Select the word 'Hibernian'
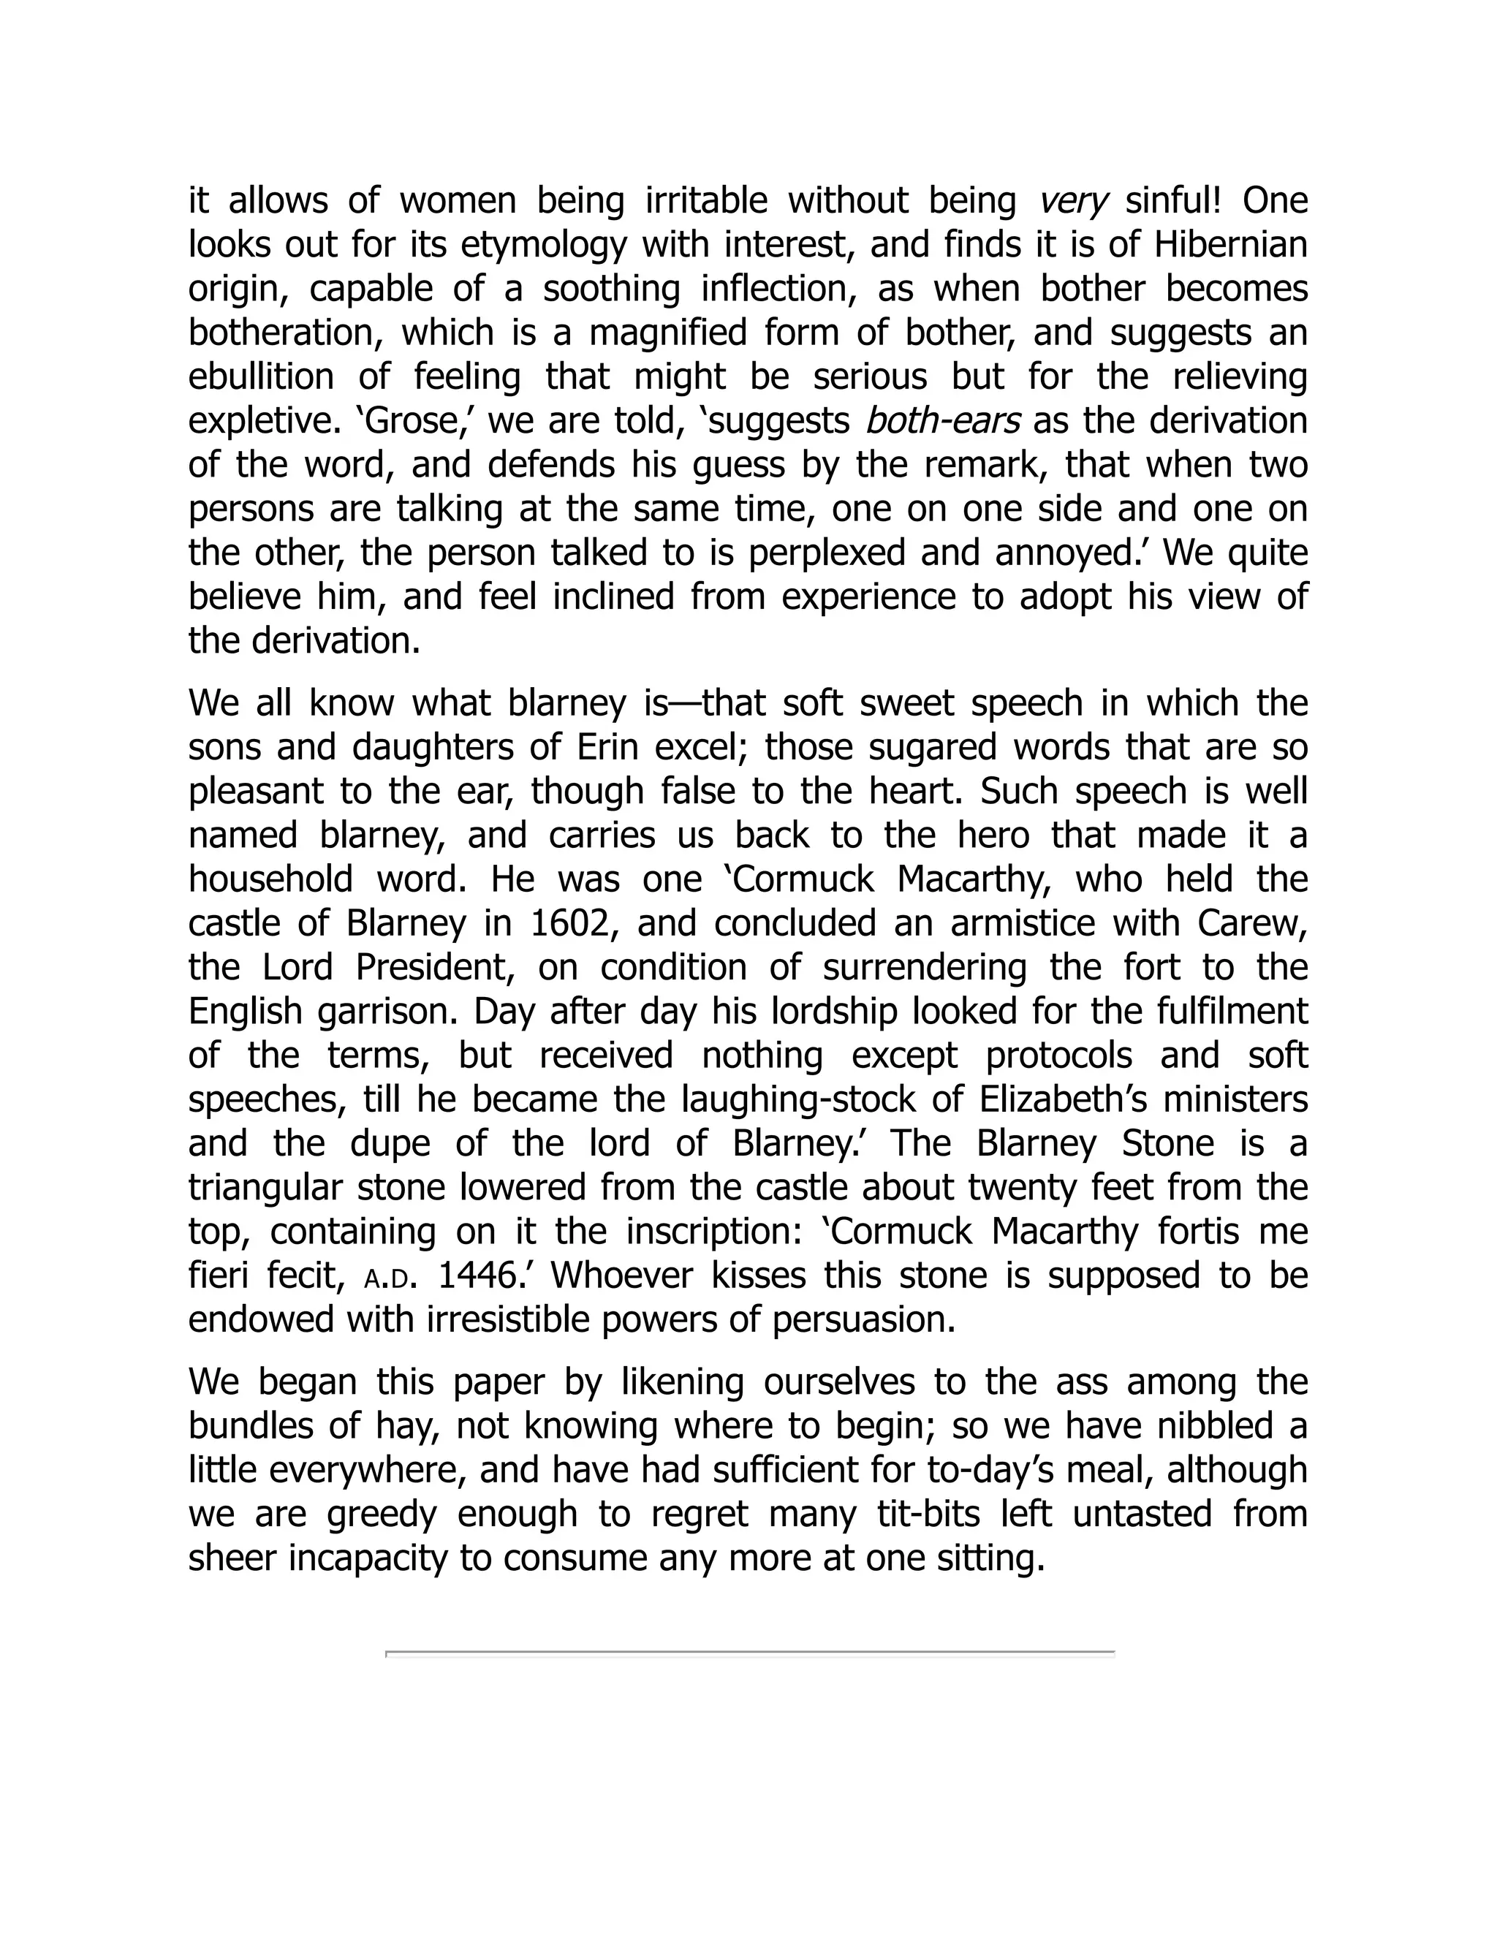tap(1230, 245)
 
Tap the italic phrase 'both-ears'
tap(941, 421)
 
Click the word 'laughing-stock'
tap(798, 1101)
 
